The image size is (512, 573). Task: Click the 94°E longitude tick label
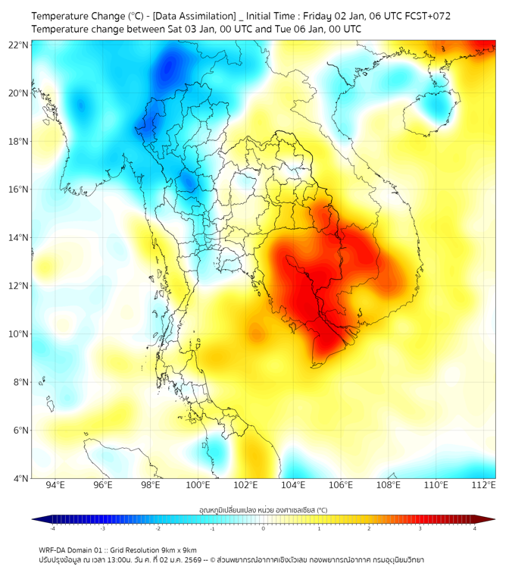point(55,485)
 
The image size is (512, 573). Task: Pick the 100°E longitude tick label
point(198,485)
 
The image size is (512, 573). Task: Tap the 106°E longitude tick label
point(341,485)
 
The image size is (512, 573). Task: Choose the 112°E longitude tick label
point(483,485)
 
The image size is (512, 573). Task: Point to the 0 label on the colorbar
point(264,528)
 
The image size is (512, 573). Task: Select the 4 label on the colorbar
point(475,528)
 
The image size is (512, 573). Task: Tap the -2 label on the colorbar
point(158,528)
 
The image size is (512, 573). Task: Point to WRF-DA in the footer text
point(54,549)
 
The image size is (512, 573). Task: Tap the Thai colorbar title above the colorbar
point(263,509)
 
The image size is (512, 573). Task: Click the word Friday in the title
point(322,15)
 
